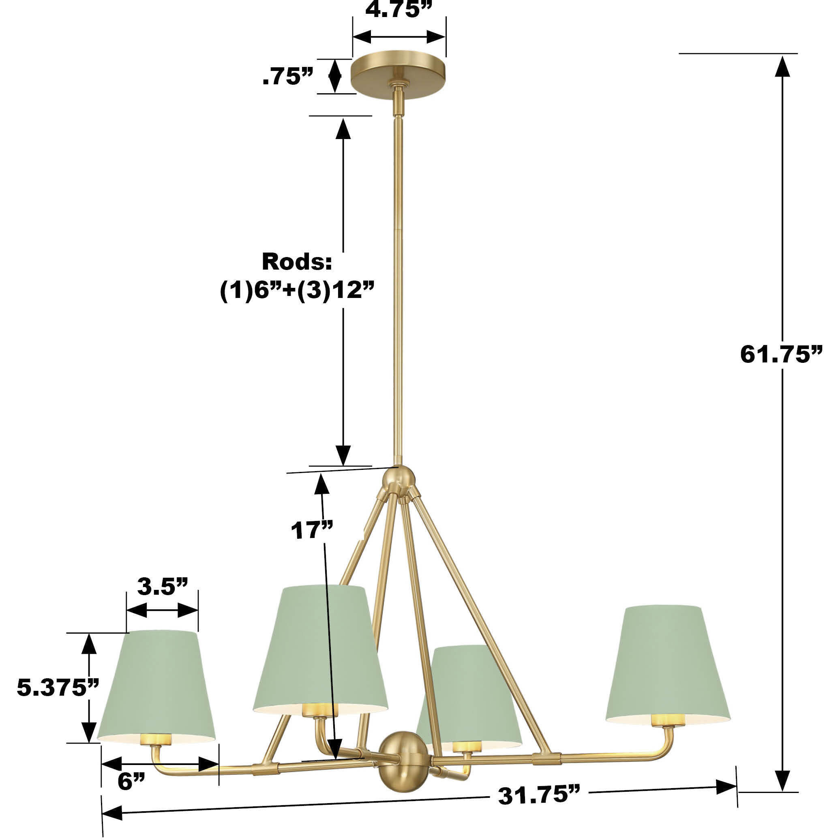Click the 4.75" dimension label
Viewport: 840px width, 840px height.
click(x=398, y=10)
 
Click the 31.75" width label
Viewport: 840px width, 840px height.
click(x=539, y=796)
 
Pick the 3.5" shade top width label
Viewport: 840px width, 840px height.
click(x=162, y=587)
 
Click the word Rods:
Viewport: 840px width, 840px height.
click(x=296, y=262)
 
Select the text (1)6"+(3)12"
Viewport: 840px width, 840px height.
click(x=296, y=289)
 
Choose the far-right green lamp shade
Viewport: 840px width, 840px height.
click(x=667, y=661)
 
